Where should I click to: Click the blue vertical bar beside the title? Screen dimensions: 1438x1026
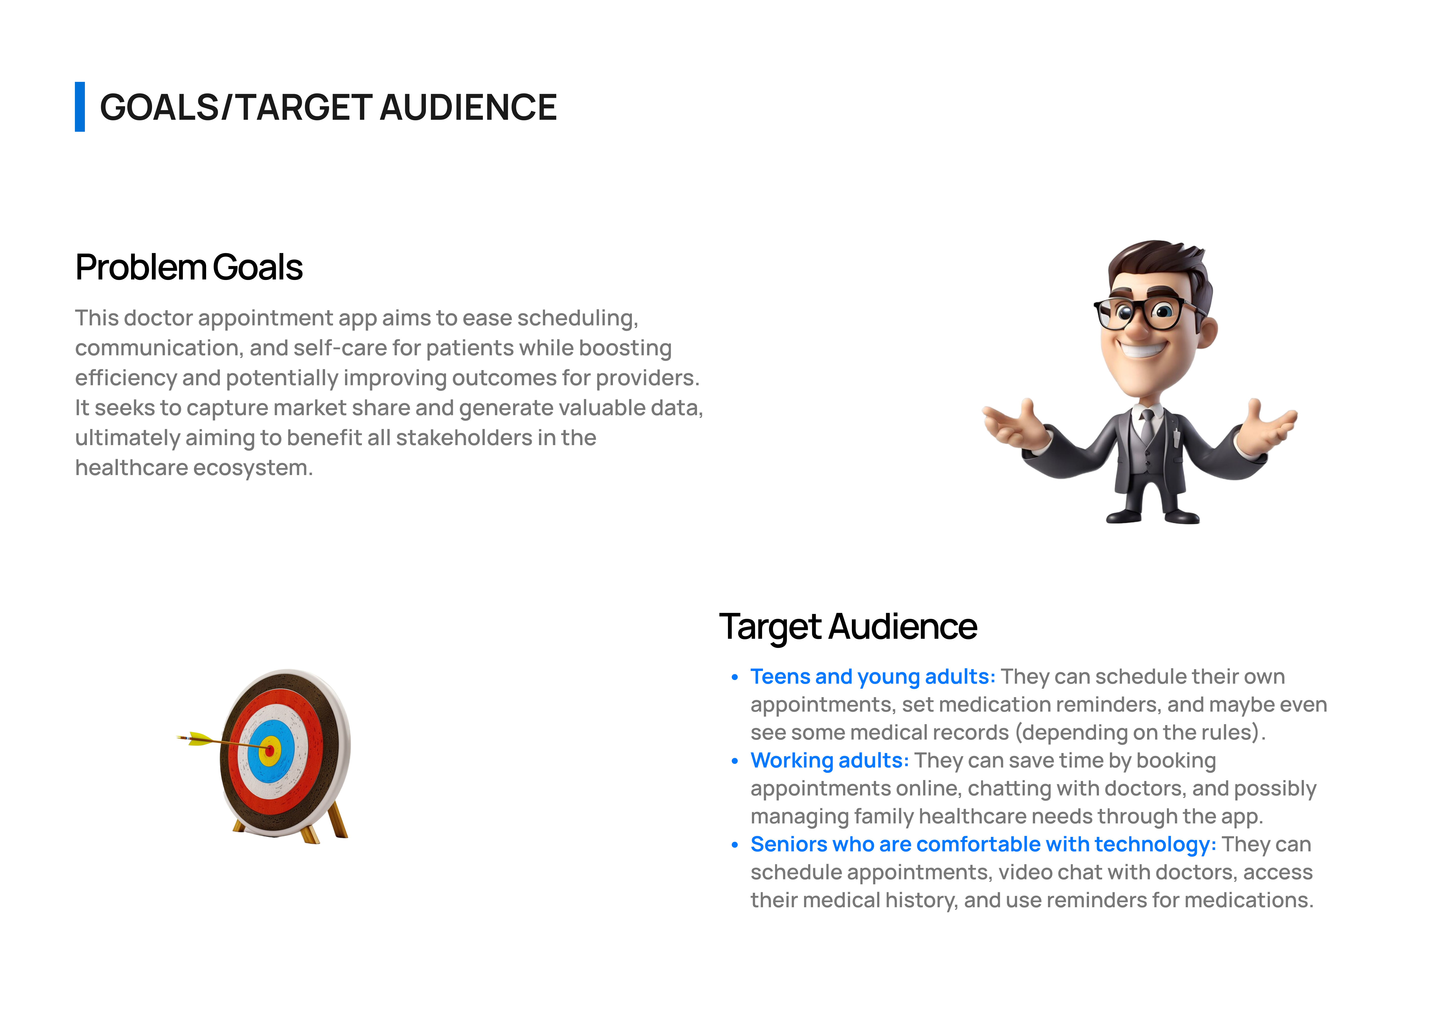(x=80, y=107)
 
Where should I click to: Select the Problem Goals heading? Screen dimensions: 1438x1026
(x=188, y=267)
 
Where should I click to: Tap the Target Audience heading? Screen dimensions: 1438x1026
(x=848, y=627)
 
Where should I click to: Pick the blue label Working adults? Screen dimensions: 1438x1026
(x=829, y=761)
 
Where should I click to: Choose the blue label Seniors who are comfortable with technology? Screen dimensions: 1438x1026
(x=983, y=845)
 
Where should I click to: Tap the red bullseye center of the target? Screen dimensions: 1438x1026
(x=270, y=751)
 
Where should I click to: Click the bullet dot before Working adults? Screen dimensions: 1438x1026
(x=734, y=761)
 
